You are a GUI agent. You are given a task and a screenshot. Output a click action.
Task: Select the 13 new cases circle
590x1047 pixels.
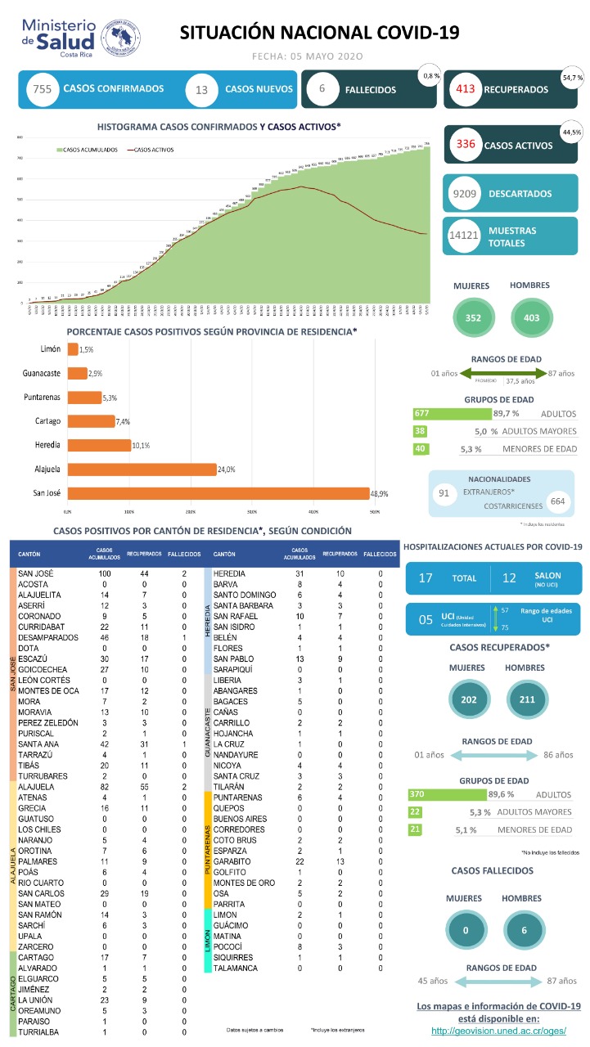point(201,90)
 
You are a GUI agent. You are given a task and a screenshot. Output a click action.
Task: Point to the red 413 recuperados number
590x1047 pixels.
point(466,89)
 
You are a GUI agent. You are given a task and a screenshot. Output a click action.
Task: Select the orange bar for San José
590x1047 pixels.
point(218,493)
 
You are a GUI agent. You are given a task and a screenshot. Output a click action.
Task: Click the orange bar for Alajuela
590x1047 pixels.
point(142,470)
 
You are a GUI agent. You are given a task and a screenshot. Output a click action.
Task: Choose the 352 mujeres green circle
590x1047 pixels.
point(473,318)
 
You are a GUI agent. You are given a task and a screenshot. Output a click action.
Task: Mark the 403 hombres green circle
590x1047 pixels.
point(529,318)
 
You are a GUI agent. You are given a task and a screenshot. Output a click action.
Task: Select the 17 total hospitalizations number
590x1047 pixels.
point(426,577)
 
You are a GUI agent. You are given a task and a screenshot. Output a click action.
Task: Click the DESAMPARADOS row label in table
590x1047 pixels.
point(48,636)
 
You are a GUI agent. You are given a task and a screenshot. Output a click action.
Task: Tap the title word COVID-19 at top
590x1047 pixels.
point(415,32)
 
